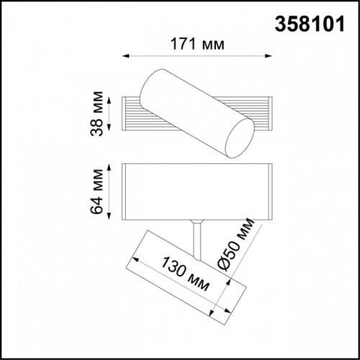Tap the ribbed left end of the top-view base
[134, 115]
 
